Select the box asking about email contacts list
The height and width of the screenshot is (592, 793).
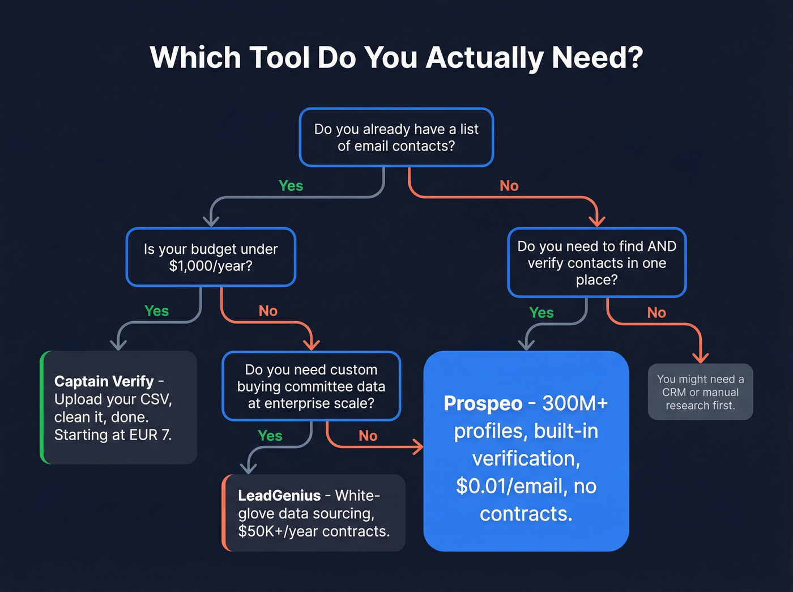[396, 138]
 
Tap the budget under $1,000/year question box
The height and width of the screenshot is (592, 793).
[211, 257]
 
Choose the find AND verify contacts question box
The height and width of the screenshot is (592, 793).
[596, 263]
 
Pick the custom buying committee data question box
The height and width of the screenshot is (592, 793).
[311, 386]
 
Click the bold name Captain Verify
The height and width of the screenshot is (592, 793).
[104, 381]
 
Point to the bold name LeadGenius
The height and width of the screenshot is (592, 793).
[279, 496]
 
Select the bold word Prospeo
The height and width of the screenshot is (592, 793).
[483, 403]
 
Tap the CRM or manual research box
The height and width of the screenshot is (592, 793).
[700, 392]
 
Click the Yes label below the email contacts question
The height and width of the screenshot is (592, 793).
[291, 186]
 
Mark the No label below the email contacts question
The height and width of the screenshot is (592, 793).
[509, 186]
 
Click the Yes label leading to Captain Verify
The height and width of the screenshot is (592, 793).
[156, 311]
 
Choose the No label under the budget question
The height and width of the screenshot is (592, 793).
[268, 311]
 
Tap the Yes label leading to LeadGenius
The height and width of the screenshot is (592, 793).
[270, 436]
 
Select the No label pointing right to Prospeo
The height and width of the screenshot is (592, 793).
[368, 436]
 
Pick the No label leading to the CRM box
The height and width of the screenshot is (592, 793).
[656, 313]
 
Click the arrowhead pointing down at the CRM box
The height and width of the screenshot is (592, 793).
[701, 357]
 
